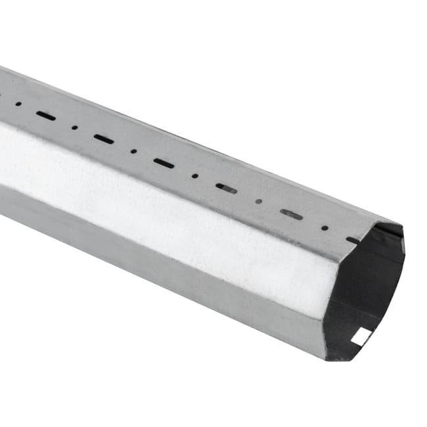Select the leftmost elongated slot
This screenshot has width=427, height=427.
[46, 116]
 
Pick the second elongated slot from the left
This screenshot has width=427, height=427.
[104, 139]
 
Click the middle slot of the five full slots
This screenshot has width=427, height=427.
[164, 163]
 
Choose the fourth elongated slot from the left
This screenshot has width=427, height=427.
[227, 189]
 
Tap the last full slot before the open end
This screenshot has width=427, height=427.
[291, 214]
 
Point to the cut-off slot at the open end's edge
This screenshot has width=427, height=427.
[352, 240]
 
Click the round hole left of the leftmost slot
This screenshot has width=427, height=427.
[18, 104]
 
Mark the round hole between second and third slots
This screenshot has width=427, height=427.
[133, 150]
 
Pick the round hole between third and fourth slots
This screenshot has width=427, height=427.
[195, 175]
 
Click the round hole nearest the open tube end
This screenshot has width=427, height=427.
[325, 228]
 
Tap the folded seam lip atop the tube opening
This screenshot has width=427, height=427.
[394, 227]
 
